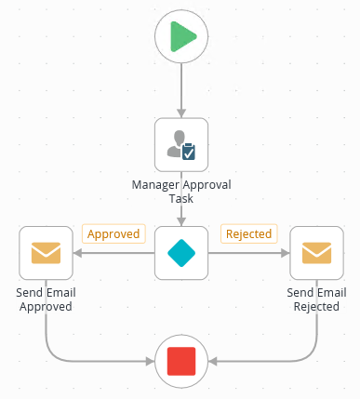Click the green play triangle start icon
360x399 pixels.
tap(182, 37)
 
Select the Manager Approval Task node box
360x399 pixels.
tap(181, 144)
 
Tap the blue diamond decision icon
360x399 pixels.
tap(181, 252)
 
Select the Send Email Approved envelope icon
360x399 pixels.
tap(46, 252)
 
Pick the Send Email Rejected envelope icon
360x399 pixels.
tap(317, 252)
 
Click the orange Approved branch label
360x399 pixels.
tap(113, 233)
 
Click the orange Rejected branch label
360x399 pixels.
tap(249, 233)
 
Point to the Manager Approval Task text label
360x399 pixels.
tap(181, 192)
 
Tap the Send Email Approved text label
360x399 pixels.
tap(46, 299)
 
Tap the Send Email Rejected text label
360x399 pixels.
tap(317, 299)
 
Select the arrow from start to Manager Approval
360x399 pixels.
tap(181, 88)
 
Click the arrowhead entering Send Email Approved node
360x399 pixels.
tap(78, 252)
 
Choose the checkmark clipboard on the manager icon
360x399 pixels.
tap(189, 150)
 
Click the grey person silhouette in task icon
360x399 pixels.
tap(174, 142)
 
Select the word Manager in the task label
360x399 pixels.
tap(154, 185)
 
